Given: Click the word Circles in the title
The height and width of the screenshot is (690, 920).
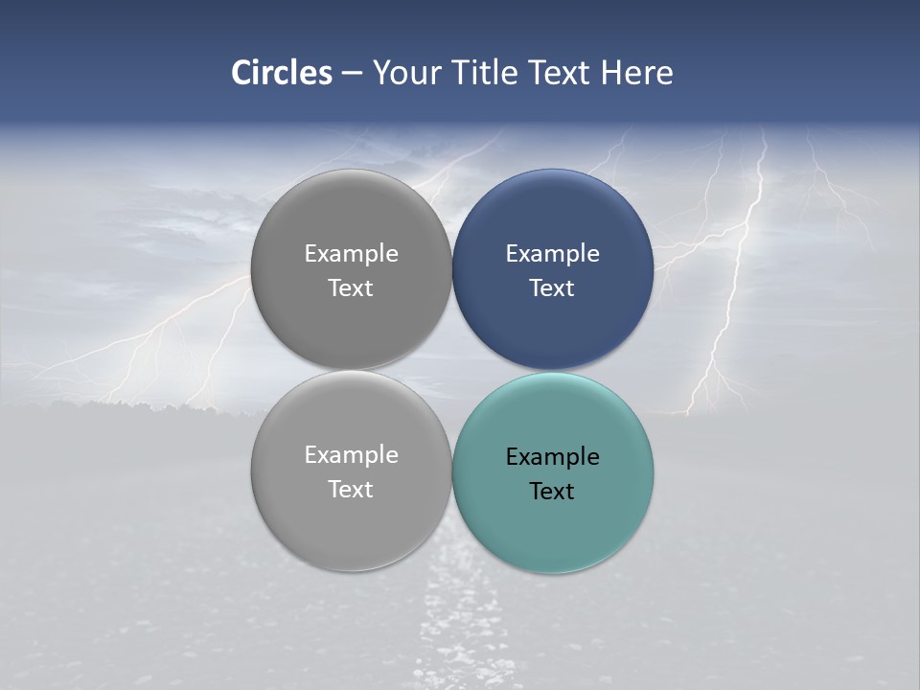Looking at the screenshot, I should (282, 73).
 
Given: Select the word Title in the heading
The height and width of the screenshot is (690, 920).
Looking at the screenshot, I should (489, 73).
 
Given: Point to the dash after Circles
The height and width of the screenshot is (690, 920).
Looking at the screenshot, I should (352, 74).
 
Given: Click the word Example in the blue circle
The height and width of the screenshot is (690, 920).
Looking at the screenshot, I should (553, 253).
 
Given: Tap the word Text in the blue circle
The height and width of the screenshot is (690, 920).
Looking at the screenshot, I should (552, 287).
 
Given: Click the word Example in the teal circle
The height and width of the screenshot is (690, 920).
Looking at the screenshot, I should (553, 456).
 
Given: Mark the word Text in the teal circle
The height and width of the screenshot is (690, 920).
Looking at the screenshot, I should (552, 491).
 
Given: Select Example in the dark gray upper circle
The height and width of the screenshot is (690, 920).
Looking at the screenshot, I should (351, 253).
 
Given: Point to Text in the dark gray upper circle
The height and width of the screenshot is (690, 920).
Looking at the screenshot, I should (351, 287).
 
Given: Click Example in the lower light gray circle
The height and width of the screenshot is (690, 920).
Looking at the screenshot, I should (351, 454).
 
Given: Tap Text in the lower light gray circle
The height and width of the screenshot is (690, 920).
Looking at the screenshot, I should (351, 489).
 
